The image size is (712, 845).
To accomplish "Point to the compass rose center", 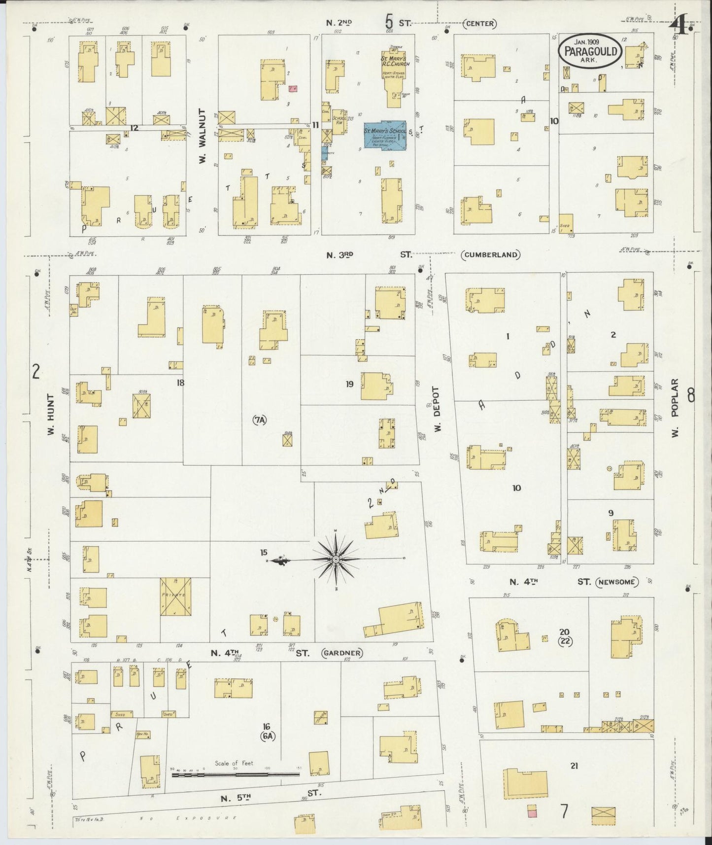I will (336, 559).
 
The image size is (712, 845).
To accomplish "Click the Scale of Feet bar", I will (236, 775).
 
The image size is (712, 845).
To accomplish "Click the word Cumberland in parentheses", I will (491, 255).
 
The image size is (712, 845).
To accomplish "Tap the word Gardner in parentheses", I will (342, 653).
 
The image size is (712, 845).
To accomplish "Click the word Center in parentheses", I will (479, 24).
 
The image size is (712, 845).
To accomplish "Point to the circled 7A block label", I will (260, 420).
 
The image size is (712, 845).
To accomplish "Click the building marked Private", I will (175, 596).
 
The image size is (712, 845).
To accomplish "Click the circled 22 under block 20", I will (565, 641).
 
